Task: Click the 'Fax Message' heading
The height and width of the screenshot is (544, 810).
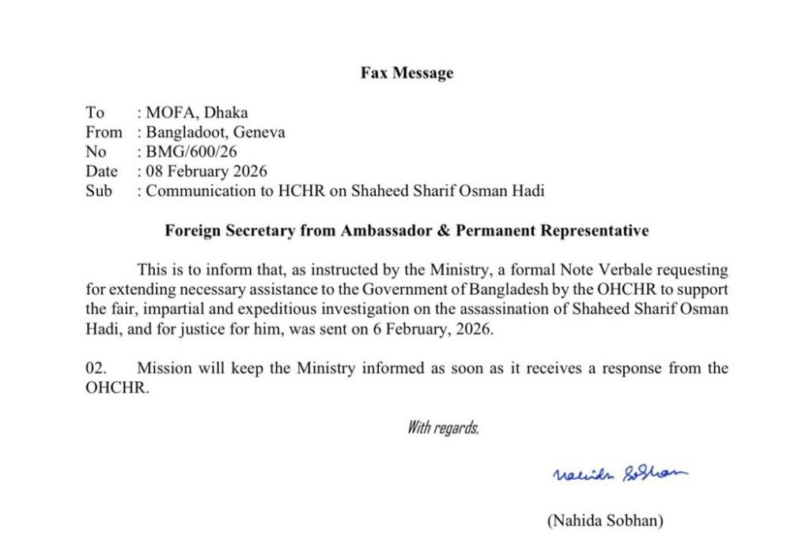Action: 407,74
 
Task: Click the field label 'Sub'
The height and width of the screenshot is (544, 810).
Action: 99,191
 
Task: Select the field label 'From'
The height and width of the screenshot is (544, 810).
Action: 104,133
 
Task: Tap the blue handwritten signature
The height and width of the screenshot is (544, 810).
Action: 619,474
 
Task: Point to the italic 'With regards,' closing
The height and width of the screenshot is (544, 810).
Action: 443,429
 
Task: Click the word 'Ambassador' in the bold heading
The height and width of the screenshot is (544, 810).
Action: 381,231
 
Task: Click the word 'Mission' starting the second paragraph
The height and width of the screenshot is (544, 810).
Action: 164,368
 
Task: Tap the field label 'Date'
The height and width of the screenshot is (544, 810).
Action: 101,171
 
